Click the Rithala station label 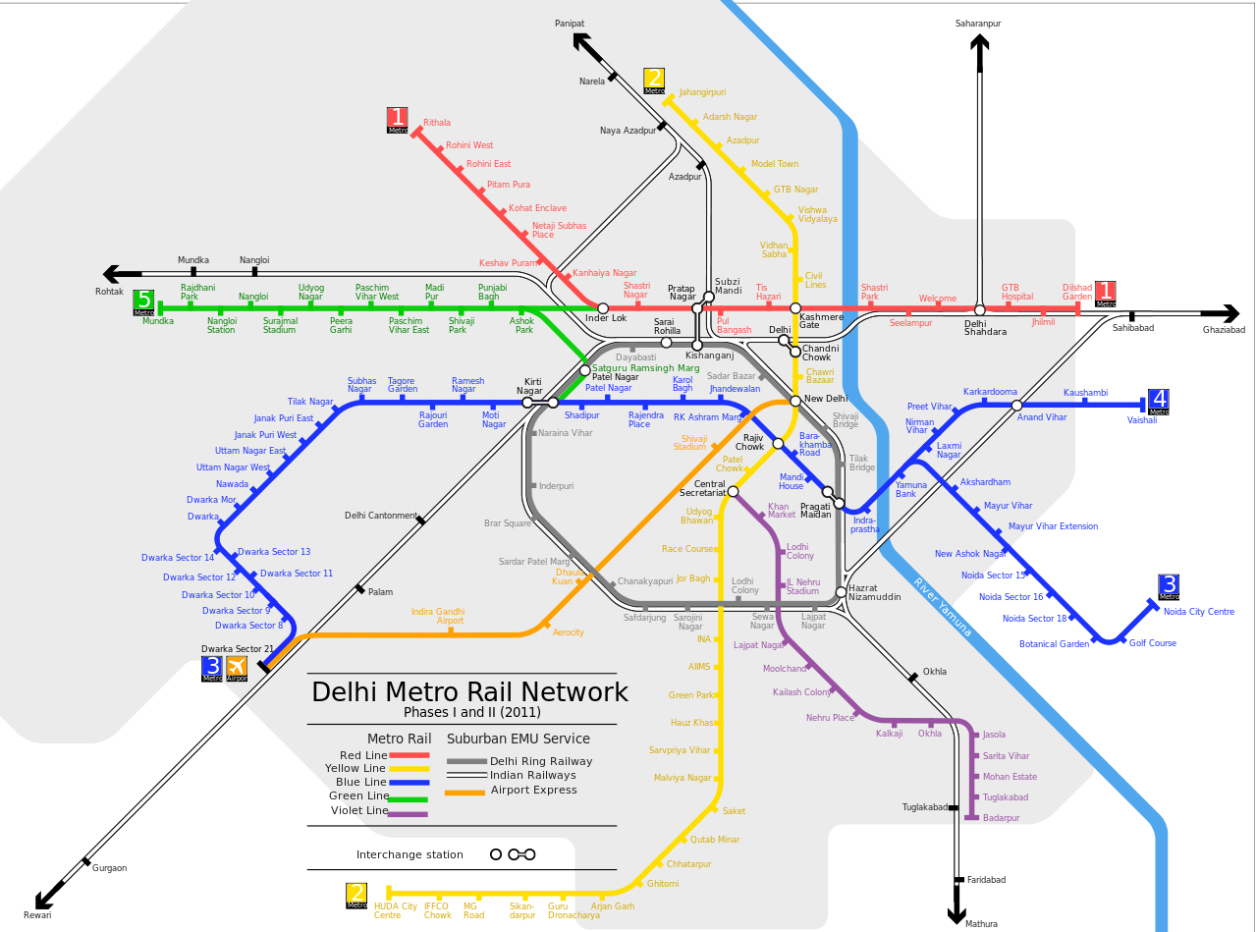(436, 123)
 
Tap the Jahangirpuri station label (702, 92)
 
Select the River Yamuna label (943, 607)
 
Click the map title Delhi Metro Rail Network (469, 691)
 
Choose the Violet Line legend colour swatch (409, 813)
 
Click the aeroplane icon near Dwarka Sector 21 (237, 668)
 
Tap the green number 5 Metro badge (144, 302)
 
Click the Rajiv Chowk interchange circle (778, 444)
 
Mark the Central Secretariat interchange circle (733, 491)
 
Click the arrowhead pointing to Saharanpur (979, 44)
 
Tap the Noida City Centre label (1198, 612)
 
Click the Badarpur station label (1001, 818)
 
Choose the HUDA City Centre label (395, 910)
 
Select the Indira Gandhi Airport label (437, 616)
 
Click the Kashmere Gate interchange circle (795, 308)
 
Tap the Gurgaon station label (109, 868)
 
